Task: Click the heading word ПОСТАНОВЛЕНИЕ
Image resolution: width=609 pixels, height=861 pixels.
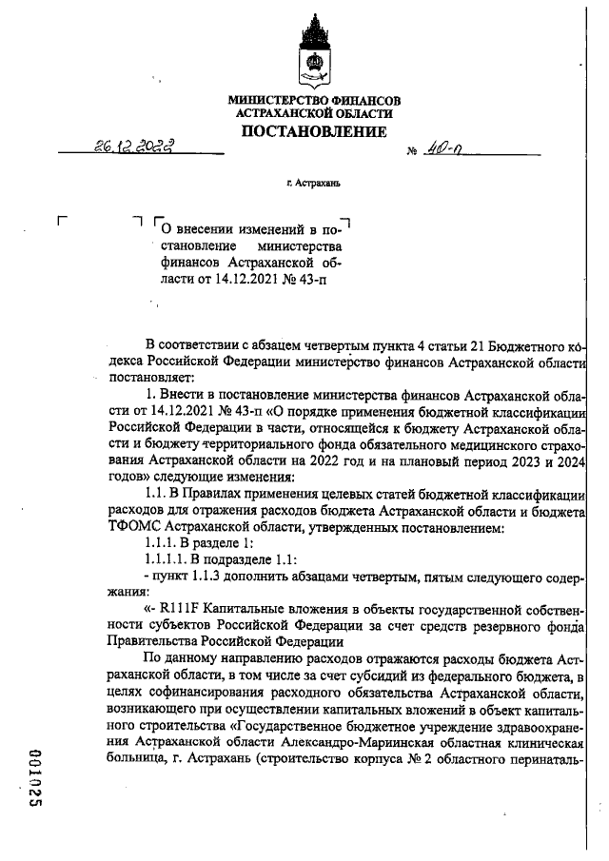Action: [313, 131]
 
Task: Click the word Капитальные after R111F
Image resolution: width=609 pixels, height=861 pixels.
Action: [243, 608]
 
